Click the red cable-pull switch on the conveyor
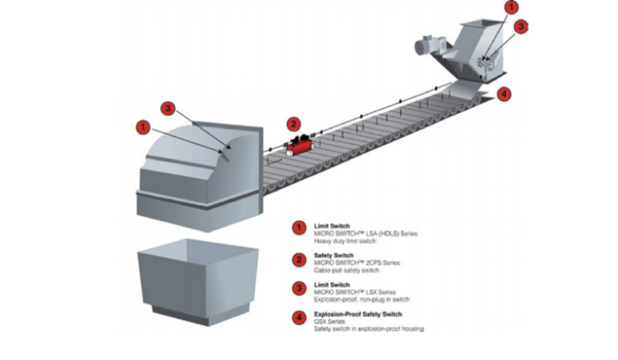click(298, 144)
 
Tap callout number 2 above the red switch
click(293, 123)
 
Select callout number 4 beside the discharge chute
click(504, 95)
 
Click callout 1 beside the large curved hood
click(141, 124)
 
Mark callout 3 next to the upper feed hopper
click(521, 25)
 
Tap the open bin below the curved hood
click(195, 278)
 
